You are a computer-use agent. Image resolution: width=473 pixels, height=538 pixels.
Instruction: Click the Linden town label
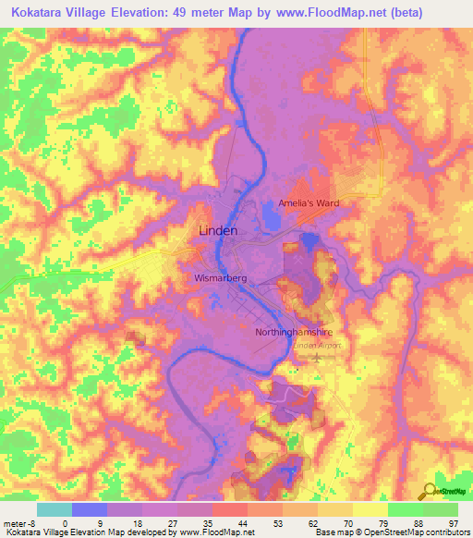coord(218,230)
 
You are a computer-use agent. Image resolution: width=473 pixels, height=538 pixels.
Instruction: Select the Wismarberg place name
coord(218,276)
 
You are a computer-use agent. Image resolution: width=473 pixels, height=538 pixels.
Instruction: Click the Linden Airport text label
coord(316,345)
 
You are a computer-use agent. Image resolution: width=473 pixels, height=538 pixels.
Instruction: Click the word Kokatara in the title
coord(38,13)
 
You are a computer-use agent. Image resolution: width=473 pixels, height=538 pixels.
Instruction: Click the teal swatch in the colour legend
coord(54,509)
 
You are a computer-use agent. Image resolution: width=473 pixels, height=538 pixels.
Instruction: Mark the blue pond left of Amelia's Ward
coord(273,216)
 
